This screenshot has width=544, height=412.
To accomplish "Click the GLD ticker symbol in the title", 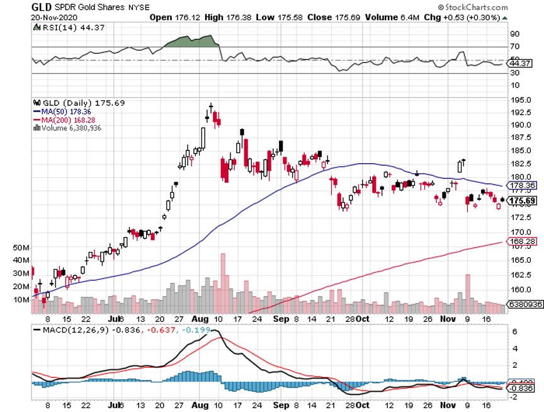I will (41, 6).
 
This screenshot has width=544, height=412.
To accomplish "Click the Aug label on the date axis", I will (198, 319).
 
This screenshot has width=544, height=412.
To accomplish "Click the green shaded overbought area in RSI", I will (192, 41).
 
